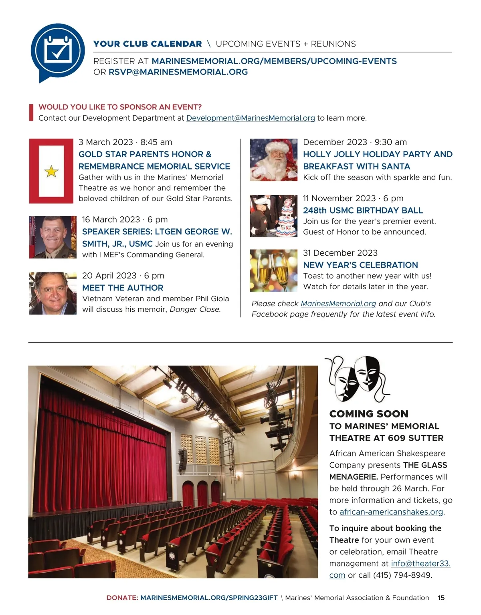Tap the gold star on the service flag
(x=51, y=171)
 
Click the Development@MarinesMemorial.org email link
(x=251, y=118)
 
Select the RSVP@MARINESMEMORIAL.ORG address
(x=178, y=72)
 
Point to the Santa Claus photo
(x=274, y=160)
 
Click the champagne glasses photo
(x=274, y=271)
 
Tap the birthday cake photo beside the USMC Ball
(x=274, y=216)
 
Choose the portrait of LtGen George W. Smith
(x=53, y=237)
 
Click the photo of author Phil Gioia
(x=53, y=293)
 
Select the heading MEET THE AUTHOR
(x=123, y=288)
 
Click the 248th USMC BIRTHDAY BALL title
(x=363, y=210)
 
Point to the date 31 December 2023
(x=340, y=253)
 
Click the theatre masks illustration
(x=358, y=378)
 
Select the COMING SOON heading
(x=369, y=414)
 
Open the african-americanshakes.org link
(x=391, y=512)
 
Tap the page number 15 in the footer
(x=441, y=598)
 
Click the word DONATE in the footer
(x=122, y=598)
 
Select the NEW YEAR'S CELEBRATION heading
(x=360, y=265)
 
